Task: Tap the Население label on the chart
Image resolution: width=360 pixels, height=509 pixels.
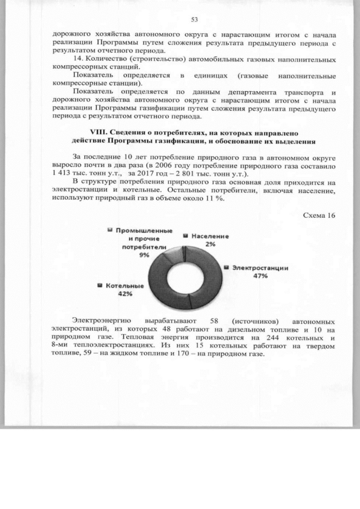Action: coord(210,237)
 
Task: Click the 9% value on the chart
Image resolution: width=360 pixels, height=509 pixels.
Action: coord(145,255)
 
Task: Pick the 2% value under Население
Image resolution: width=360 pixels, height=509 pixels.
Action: coord(209,245)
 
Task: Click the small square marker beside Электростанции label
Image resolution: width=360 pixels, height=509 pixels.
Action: coord(227,268)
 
